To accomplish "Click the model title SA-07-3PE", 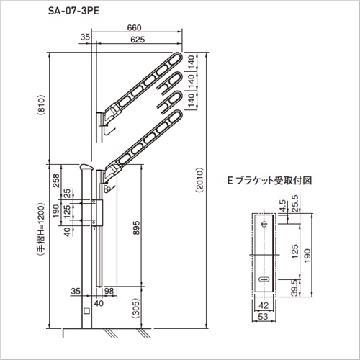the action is tap(73, 11).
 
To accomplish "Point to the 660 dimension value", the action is tap(134, 28).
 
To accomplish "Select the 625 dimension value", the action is tap(138, 40).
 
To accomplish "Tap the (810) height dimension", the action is tap(41, 105).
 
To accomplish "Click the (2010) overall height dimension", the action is tap(199, 180).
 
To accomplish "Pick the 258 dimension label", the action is tap(55, 181).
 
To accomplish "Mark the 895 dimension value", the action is tap(136, 228).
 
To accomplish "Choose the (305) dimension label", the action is tap(136, 308).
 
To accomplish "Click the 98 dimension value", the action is tap(109, 291).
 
